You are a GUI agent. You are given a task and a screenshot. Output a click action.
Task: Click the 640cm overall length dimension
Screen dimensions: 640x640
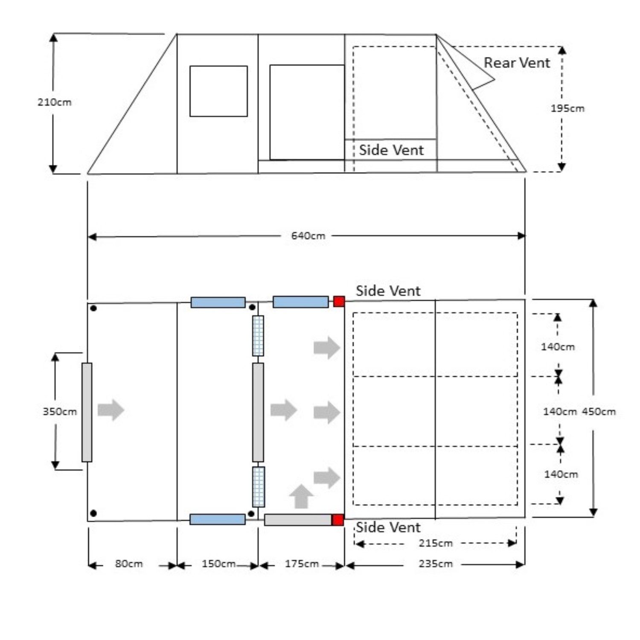click(x=308, y=236)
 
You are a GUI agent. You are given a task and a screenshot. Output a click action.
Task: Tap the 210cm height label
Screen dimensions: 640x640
click(x=55, y=102)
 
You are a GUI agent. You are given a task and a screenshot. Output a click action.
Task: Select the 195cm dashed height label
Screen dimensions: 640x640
click(x=567, y=108)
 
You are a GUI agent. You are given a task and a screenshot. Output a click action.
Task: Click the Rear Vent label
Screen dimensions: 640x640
click(x=517, y=63)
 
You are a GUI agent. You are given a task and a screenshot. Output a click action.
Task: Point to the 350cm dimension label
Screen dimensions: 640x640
click(x=60, y=412)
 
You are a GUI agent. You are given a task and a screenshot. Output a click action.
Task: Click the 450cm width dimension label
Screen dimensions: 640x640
click(x=599, y=412)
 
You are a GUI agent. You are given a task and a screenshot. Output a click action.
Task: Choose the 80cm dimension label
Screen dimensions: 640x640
click(x=129, y=564)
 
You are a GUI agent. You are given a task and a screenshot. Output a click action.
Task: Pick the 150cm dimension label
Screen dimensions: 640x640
click(x=218, y=564)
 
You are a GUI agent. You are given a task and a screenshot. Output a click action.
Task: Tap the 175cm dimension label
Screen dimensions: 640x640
click(x=302, y=564)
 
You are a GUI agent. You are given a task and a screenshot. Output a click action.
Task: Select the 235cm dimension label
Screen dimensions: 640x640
click(x=436, y=564)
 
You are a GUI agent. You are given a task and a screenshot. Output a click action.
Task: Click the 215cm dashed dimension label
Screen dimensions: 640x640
click(x=436, y=544)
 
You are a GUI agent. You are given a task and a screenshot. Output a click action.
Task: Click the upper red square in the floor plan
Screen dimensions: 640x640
click(x=339, y=302)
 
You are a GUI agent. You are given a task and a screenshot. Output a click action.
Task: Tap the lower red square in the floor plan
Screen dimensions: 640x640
click(x=338, y=520)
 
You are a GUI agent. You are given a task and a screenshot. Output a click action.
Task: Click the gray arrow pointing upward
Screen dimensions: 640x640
click(x=301, y=497)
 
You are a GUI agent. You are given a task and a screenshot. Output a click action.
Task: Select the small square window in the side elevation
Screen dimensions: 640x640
click(x=218, y=91)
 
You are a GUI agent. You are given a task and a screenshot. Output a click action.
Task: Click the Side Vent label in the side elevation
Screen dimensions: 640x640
click(x=391, y=150)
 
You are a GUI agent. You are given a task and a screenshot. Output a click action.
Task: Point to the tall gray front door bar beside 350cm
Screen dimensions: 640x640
click(x=87, y=412)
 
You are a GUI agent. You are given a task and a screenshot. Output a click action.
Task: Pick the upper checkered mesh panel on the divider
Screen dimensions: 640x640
click(x=258, y=336)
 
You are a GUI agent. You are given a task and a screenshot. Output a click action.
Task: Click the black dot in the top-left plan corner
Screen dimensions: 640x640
click(x=93, y=308)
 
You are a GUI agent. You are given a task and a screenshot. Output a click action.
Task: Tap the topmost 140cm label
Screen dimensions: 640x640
click(x=558, y=347)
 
